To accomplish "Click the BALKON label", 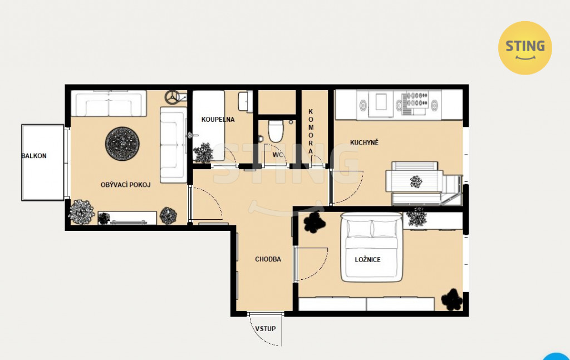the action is [x=34, y=156].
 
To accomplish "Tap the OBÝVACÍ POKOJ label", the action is [x=125, y=185].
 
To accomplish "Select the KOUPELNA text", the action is [x=218, y=120].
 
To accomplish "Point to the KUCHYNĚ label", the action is [x=364, y=142].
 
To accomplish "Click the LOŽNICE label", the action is [x=367, y=260].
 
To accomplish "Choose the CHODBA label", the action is [x=268, y=259].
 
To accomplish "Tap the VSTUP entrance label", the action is [x=266, y=329].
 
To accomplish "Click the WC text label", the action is [x=278, y=155].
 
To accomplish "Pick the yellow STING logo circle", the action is [x=525, y=48].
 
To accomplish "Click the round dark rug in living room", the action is [x=122, y=144].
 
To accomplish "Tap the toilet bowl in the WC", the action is [x=276, y=131].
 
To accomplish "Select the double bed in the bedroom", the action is [x=372, y=248].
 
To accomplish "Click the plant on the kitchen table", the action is [x=416, y=181].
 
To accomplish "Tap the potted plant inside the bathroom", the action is [x=203, y=152].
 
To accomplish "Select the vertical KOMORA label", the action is [x=311, y=131].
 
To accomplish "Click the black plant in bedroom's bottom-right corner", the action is [x=452, y=300].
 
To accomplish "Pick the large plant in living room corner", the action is [x=81, y=212].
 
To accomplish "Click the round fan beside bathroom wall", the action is [x=172, y=97].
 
